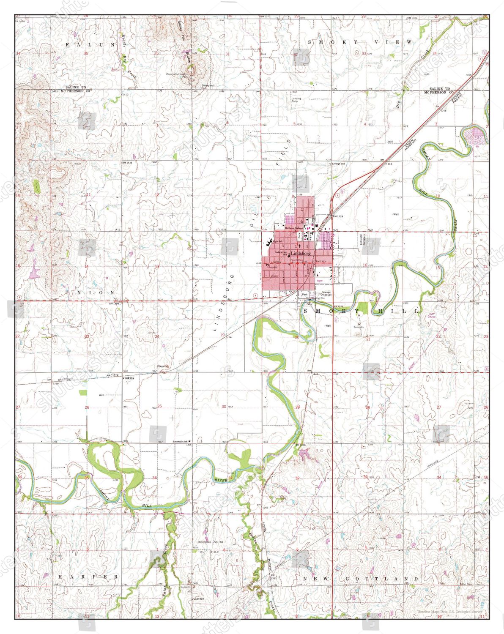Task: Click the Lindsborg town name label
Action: pyautogui.click(x=301, y=253)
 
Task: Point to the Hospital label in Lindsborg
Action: pyautogui.click(x=272, y=267)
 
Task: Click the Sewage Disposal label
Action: pyautogui.click(x=326, y=293)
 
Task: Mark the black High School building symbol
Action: pyautogui.click(x=269, y=243)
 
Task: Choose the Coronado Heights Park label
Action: pyautogui.click(x=177, y=75)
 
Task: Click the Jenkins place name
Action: pyautogui.click(x=128, y=378)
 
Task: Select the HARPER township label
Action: pyautogui.click(x=88, y=577)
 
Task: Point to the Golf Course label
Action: pyautogui.click(x=432, y=315)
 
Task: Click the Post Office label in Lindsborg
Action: pyautogui.click(x=296, y=260)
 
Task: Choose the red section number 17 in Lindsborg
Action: pyautogui.click(x=294, y=266)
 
